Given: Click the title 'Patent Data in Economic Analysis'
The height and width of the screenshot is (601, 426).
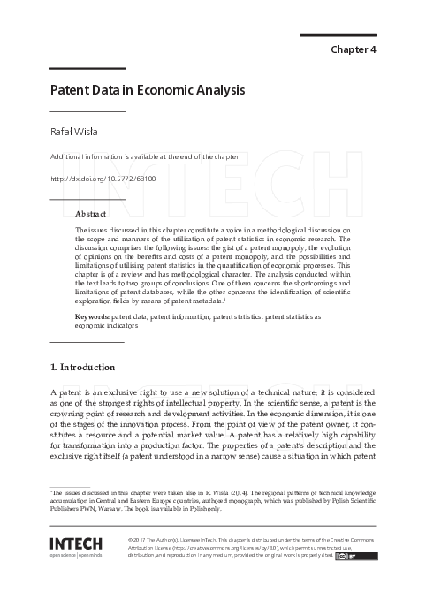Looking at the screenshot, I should [x=147, y=90].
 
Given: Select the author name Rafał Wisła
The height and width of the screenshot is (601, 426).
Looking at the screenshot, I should [x=73, y=133].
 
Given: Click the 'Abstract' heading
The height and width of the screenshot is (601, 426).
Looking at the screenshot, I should [x=91, y=215].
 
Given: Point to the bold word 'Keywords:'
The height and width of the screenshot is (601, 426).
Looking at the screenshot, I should [x=93, y=316].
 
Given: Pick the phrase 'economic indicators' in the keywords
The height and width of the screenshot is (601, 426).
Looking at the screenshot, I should [x=107, y=324].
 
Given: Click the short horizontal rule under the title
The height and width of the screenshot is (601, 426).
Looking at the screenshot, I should [x=87, y=111].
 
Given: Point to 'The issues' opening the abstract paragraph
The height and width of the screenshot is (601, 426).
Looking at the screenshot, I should [x=91, y=230].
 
